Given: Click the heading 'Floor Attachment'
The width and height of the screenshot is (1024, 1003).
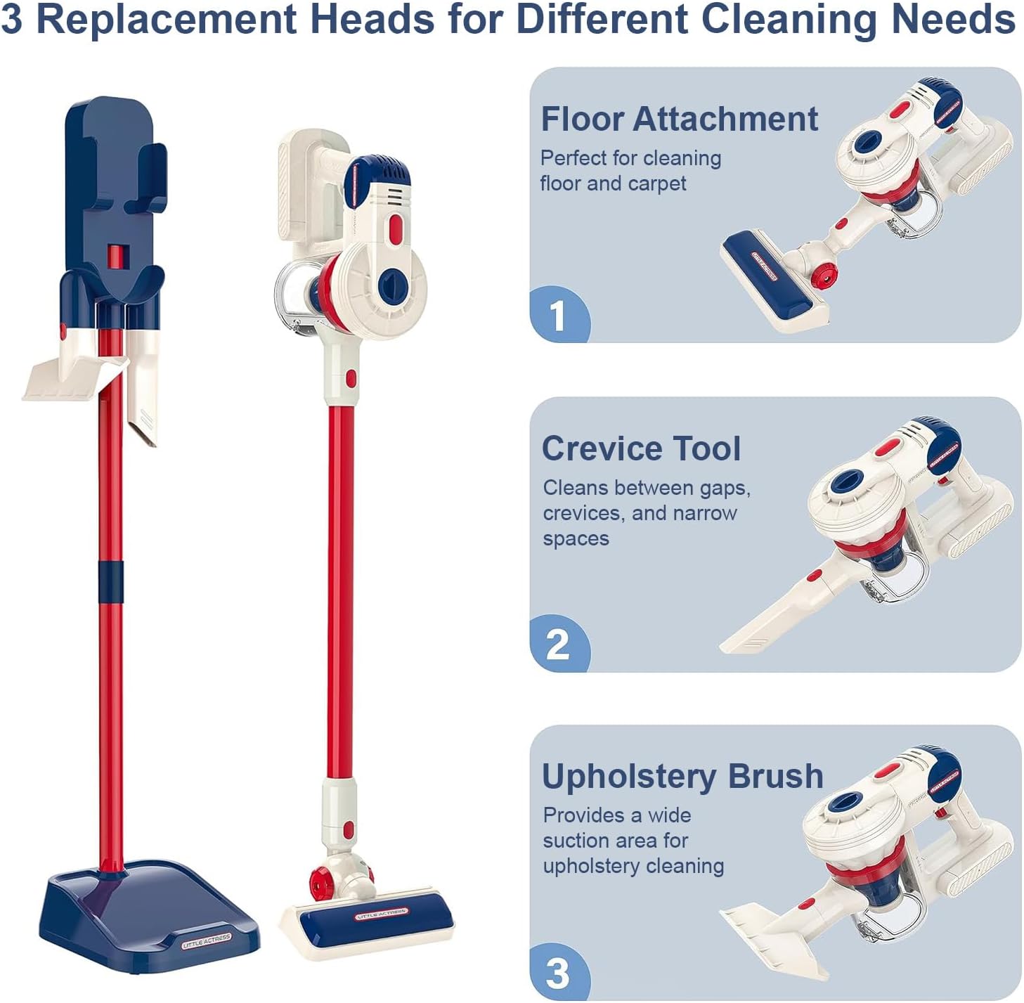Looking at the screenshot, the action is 679,119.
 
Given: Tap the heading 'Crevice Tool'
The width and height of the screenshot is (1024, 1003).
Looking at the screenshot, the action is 641,448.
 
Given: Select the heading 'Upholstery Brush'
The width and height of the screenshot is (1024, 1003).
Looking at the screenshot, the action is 682,777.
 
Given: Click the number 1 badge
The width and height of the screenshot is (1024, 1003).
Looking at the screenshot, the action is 558,315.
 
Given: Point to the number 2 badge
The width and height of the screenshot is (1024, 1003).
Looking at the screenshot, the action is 558,645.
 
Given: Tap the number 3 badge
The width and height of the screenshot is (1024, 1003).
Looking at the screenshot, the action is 558,973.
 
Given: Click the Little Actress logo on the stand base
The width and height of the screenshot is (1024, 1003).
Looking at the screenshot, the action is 206,941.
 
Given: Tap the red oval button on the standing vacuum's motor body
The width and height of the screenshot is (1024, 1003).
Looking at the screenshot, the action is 396,230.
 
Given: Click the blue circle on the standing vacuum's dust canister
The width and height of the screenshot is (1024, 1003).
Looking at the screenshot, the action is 393,287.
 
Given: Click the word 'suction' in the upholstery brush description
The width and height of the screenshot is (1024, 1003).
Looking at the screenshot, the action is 577,841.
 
